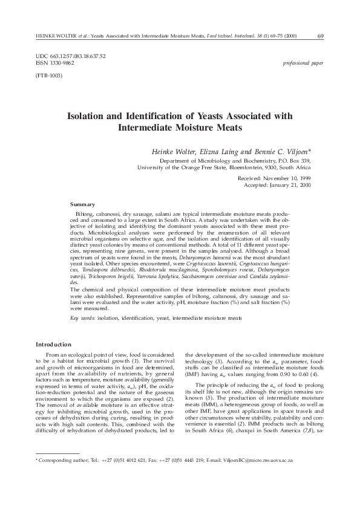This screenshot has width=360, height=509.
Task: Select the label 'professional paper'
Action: click(x=303, y=62)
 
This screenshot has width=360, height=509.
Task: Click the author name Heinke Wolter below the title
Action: click(x=173, y=150)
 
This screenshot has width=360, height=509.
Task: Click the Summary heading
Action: click(x=82, y=204)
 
